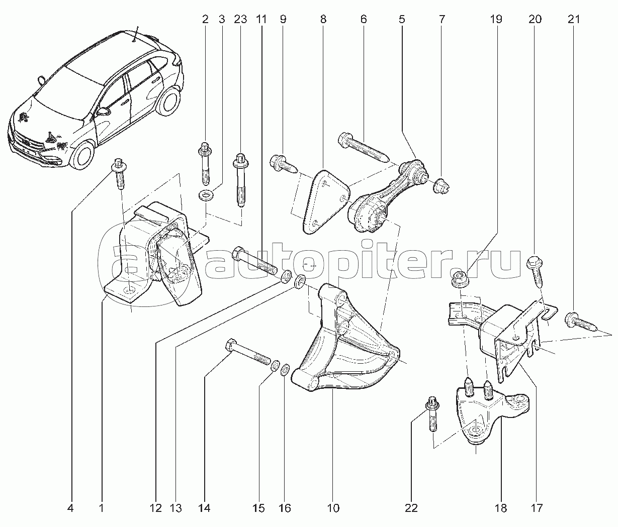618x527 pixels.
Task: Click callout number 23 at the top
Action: pos(240,20)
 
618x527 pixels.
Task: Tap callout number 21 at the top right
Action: pos(574,20)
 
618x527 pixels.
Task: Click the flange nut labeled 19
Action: pos(460,279)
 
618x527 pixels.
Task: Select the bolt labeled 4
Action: pos(119,173)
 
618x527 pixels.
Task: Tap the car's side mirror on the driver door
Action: pos(104,111)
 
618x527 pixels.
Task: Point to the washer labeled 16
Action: pos(285,370)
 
